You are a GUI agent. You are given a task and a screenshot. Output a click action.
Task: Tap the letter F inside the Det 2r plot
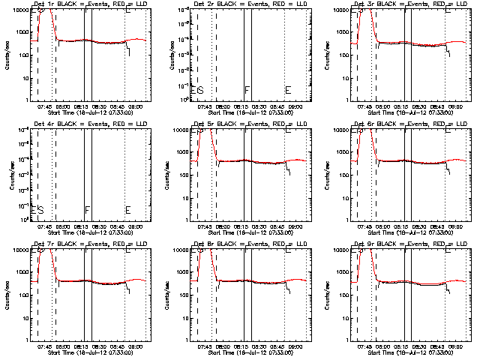point(247,90)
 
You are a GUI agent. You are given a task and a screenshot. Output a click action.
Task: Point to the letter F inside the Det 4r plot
point(87,210)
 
